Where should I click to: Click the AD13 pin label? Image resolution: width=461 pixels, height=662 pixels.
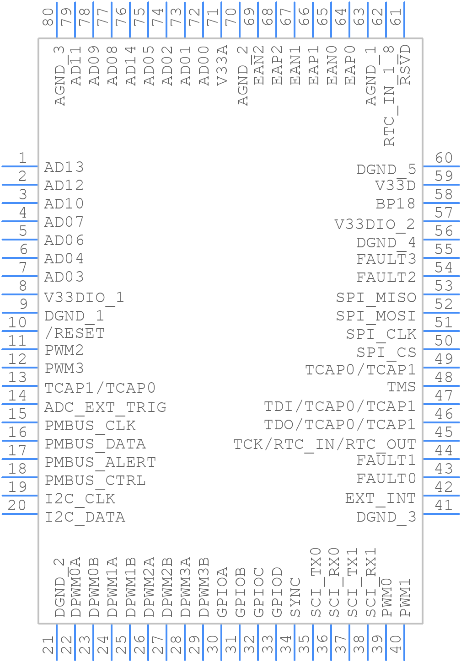[64, 167]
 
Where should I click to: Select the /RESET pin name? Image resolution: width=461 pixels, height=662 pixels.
[75, 333]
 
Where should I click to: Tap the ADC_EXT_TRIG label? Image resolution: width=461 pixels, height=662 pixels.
[105, 407]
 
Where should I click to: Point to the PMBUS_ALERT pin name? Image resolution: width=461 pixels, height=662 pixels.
[100, 462]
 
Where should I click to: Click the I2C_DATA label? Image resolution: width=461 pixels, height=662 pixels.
[85, 517]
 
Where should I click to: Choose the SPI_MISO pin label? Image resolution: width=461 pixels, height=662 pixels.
[376, 298]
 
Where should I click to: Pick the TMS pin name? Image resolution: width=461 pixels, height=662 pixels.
[401, 387]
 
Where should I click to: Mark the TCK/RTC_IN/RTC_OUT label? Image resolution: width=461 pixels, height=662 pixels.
[325, 444]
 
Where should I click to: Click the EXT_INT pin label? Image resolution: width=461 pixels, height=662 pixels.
[380, 498]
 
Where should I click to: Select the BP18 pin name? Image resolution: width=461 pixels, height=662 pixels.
[396, 203]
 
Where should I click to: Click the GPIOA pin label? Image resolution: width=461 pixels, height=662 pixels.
[222, 592]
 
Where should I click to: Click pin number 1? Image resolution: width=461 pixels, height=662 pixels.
[22, 158]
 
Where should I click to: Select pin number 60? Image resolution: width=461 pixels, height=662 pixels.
[444, 158]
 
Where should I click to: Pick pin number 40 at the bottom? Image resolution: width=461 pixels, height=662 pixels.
[396, 645]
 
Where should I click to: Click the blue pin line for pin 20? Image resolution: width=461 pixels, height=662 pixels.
[20, 514]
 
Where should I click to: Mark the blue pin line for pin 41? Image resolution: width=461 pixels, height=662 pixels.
[442, 514]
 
